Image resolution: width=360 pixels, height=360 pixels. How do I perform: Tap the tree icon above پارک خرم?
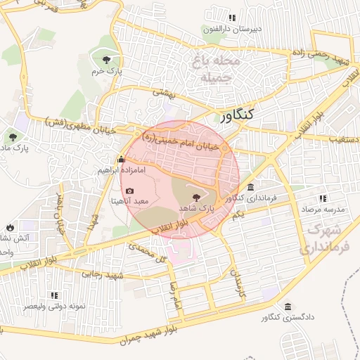click(105, 60)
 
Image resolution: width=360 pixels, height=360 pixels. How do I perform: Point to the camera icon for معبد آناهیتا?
click(129, 191)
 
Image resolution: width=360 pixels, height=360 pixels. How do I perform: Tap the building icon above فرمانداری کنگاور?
click(251, 187)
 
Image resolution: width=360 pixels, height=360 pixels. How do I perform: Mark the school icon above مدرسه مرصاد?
click(323, 199)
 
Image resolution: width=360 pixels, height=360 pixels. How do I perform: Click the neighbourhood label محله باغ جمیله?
click(215, 70)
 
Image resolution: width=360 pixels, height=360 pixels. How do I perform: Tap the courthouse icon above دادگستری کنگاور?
click(288, 307)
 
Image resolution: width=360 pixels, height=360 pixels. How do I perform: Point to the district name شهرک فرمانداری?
click(319, 239)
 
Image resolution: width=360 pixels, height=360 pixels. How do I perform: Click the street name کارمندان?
click(239, 282)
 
